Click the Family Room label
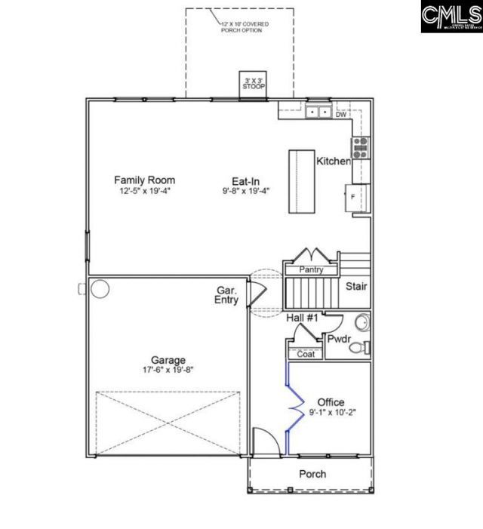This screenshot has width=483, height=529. pyautogui.click(x=144, y=180)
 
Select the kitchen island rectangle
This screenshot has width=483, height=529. pyautogui.click(x=301, y=181)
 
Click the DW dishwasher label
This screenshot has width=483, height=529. pyautogui.click(x=341, y=115)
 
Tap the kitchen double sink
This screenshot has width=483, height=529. pyautogui.click(x=317, y=112)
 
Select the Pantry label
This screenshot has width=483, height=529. pyautogui.click(x=311, y=269)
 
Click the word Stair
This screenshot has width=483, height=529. pyautogui.click(x=356, y=287)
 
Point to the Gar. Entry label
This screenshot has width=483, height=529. pyautogui.click(x=226, y=295)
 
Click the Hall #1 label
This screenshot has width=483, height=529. pyautogui.click(x=302, y=318)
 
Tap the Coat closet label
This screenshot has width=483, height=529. pyautogui.click(x=306, y=353)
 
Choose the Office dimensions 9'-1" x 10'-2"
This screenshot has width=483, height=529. pyautogui.click(x=331, y=412)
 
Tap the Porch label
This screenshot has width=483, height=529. pyautogui.click(x=312, y=474)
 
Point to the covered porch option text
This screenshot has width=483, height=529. pyautogui.click(x=244, y=27)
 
